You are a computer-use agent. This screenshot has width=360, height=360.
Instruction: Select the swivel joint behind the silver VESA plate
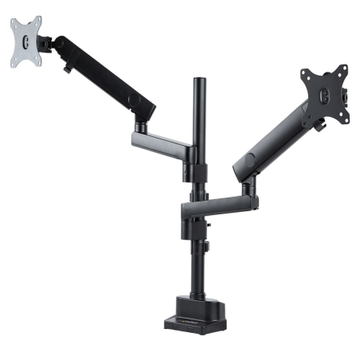click(49, 45)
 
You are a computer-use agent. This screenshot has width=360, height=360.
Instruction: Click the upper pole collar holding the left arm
click(194, 154)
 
